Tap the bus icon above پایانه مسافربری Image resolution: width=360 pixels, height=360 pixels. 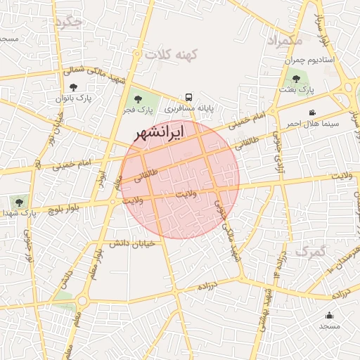click(188, 97)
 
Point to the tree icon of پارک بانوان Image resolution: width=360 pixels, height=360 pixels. click(73, 88)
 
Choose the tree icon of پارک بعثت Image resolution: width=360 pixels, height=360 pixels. click(295, 79)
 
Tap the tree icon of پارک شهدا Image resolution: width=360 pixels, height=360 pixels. click(19, 202)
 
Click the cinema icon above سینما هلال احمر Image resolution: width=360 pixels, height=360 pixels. click(312, 112)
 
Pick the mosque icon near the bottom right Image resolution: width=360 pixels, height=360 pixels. click(329, 315)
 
